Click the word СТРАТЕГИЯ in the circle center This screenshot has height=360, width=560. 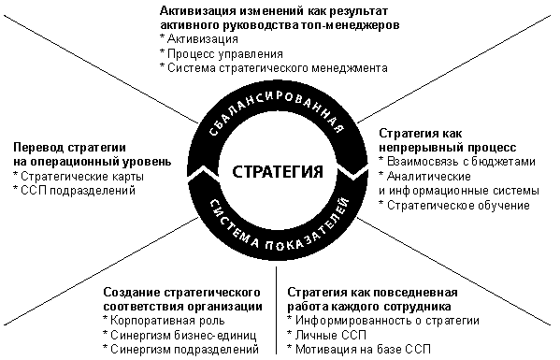[278, 171]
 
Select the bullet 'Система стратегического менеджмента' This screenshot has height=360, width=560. [274, 68]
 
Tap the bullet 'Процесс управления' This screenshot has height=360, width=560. [222, 54]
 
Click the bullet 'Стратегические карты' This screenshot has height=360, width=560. [79, 177]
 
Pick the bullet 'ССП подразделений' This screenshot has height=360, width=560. [74, 191]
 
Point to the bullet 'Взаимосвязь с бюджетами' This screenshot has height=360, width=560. [457, 162]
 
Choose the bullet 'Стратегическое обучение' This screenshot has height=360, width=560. [454, 206]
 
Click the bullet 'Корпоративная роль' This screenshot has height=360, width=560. [164, 321]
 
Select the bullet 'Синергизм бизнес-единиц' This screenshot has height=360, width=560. [179, 335]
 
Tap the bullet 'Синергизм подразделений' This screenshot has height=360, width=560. [181, 349]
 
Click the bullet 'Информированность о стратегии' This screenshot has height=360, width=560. [383, 321]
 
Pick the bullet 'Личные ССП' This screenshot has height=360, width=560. [327, 335]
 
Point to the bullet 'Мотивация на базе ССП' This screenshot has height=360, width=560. [359, 349]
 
